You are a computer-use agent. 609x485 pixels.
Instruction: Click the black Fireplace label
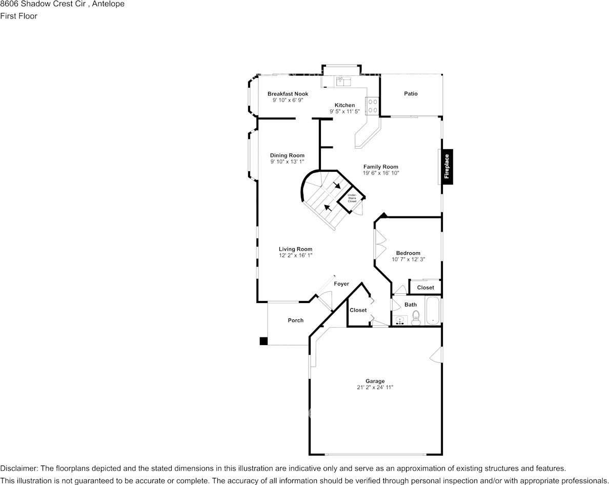pos(446,166)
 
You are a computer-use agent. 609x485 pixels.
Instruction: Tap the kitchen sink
pos(342,80)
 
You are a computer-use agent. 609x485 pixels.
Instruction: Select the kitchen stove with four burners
pos(372,106)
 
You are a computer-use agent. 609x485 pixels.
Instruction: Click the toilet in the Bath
pos(415,318)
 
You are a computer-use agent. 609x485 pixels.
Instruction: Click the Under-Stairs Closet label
pos(352,198)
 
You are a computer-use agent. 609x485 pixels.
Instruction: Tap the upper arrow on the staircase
pos(337,186)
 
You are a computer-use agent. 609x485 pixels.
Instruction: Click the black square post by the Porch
pos(263,341)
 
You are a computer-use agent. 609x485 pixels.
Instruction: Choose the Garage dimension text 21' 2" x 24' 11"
pos(375,388)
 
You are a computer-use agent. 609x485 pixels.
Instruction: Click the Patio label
pos(411,94)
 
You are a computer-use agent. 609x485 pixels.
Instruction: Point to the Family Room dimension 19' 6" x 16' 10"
pos(381,173)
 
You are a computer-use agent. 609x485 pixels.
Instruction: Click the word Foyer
pos(341,284)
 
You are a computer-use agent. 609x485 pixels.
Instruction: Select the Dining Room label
pos(287,155)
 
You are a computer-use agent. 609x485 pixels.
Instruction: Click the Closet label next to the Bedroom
pos(425,288)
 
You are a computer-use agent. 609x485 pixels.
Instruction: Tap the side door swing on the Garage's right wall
pos(437,355)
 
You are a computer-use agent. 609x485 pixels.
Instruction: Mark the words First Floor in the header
pos(18,16)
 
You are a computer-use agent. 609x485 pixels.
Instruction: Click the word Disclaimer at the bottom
pos(18,469)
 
